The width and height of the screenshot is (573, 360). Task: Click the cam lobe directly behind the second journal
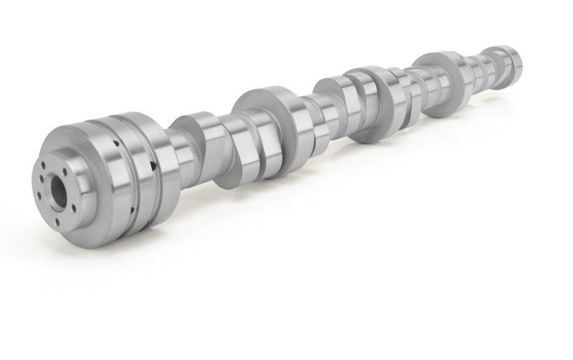(295, 132)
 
